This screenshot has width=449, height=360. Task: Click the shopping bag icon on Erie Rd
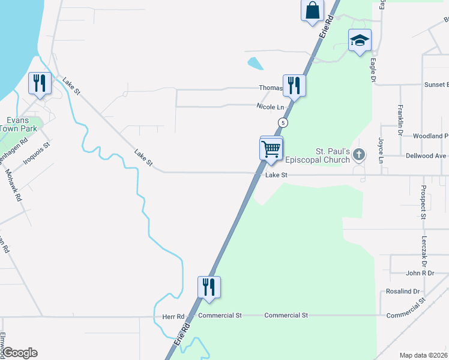coord(312,11)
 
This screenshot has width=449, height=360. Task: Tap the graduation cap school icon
coord(360,40)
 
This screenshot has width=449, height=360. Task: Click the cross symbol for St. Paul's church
coord(359,155)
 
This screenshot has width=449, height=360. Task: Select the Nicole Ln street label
coord(270,107)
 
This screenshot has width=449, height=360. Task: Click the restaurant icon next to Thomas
coord(294,86)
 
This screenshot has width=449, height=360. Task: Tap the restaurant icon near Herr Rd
coord(209,287)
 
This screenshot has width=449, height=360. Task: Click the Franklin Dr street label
coord(400,120)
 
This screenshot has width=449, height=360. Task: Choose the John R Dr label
coord(420,273)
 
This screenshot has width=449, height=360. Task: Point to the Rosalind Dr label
coord(403,292)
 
